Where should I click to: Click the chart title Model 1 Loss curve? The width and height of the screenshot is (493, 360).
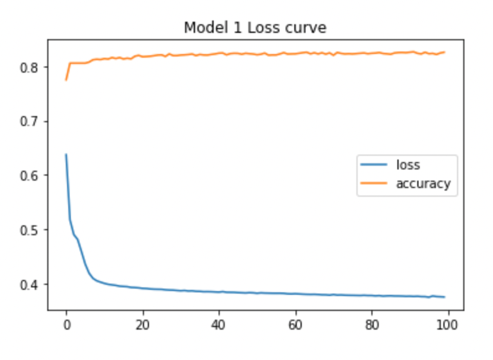pos(255,28)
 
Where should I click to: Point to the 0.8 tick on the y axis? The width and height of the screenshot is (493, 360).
pos(31,66)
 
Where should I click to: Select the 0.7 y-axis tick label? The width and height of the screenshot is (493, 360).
pos(31,121)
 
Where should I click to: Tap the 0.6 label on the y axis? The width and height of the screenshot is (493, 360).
pos(31,176)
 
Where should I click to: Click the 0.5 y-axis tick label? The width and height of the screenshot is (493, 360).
pos(31,230)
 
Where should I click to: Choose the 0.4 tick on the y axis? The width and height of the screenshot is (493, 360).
pos(31,285)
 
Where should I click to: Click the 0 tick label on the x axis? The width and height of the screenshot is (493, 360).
pos(66,324)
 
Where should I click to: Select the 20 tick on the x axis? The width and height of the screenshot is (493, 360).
pos(143,324)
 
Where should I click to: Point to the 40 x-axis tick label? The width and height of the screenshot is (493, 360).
pos(219,324)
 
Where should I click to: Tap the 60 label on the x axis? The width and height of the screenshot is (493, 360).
pos(296,324)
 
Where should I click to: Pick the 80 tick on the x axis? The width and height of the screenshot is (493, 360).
pos(372,324)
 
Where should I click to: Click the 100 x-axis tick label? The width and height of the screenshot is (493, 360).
pos(448,324)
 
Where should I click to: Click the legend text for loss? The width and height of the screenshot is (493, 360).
pos(408,165)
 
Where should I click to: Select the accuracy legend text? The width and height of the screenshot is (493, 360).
pos(423,184)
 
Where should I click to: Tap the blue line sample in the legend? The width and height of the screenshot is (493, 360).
pos(375,166)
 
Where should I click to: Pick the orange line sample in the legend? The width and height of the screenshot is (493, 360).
pos(375,184)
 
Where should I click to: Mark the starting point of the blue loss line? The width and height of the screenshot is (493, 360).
pos(66,155)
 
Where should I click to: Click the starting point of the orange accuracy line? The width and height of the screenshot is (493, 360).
pos(66,80)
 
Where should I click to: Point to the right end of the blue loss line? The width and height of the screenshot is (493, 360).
pos(445,297)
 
